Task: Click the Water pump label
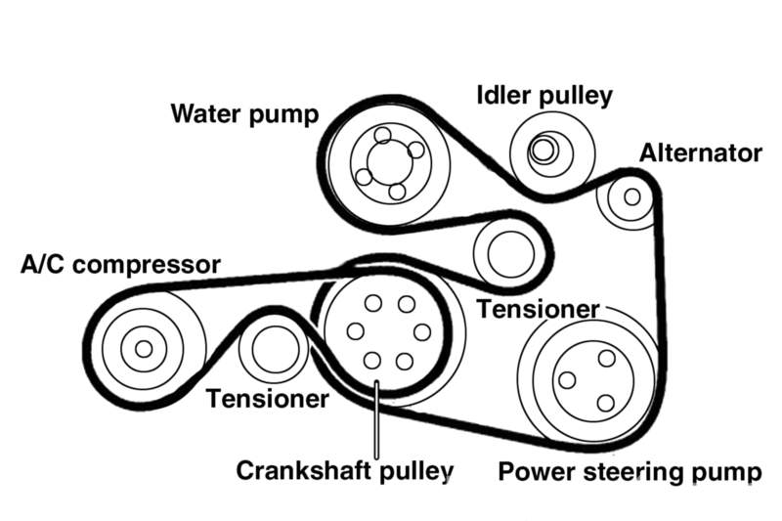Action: (x=244, y=113)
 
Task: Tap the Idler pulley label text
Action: (x=543, y=96)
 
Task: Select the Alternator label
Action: (x=700, y=153)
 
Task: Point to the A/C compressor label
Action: (x=121, y=265)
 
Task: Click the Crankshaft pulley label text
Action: (x=346, y=471)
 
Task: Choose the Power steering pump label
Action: (x=630, y=472)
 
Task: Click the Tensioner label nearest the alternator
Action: (x=538, y=309)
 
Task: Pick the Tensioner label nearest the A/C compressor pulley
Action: (x=267, y=399)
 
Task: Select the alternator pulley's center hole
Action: (x=631, y=196)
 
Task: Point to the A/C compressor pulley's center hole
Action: (x=144, y=348)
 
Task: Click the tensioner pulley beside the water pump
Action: (x=506, y=251)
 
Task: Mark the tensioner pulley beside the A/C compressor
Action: (x=273, y=351)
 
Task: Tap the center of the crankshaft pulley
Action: (x=388, y=332)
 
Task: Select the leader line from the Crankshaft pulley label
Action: (x=376, y=420)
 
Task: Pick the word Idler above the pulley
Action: (x=502, y=96)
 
